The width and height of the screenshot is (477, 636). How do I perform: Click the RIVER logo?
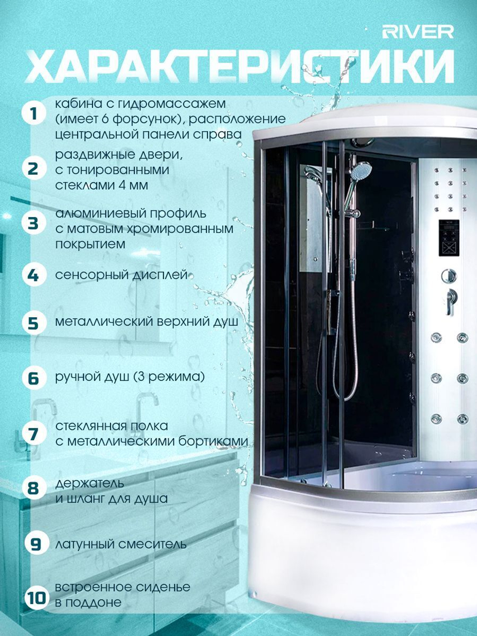pyautogui.click(x=418, y=32)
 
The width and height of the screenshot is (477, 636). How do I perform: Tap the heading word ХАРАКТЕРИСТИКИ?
pyautogui.click(x=239, y=66)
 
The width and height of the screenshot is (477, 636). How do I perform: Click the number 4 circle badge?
pyautogui.click(x=34, y=275)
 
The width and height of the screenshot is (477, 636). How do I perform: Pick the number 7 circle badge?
pyautogui.click(x=34, y=434)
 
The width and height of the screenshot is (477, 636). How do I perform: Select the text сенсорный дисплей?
pyautogui.click(x=121, y=275)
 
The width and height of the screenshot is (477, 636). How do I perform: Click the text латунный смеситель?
pyautogui.click(x=121, y=544)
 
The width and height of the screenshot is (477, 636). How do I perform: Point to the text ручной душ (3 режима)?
pyautogui.click(x=130, y=377)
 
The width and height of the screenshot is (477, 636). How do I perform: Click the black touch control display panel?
pyautogui.click(x=449, y=238)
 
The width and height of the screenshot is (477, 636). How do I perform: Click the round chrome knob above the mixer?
pyautogui.click(x=449, y=275)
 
